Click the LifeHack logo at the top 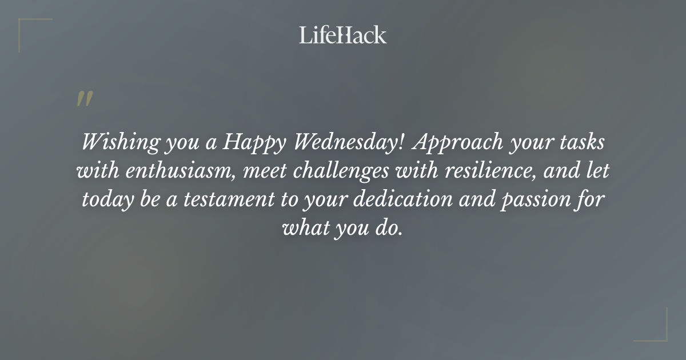(342, 35)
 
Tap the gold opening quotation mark (84, 99)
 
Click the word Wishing (111, 142)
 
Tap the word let (597, 170)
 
